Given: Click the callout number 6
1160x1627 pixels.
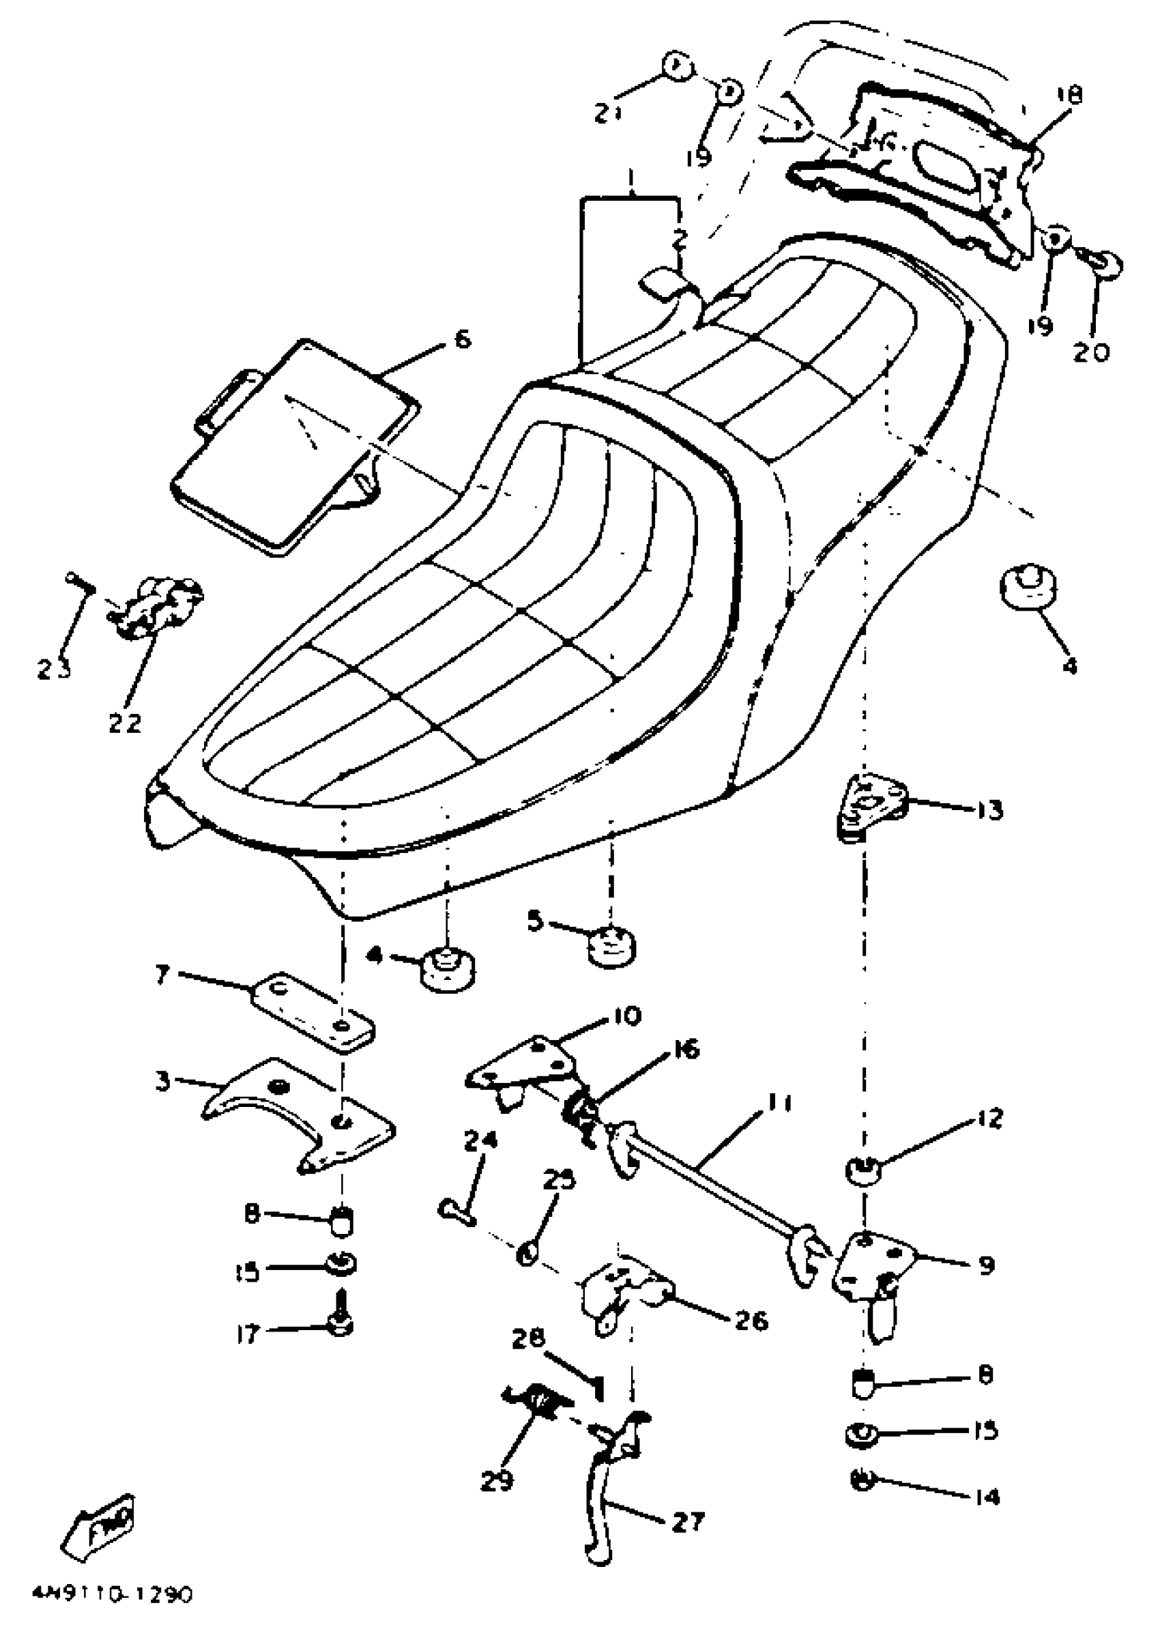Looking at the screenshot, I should tap(463, 339).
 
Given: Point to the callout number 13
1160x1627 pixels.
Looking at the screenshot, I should tap(990, 810).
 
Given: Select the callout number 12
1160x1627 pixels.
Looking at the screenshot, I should tap(989, 1118).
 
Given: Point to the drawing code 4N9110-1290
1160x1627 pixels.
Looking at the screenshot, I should tap(112, 1594).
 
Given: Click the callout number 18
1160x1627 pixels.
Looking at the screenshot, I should tap(1068, 95).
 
